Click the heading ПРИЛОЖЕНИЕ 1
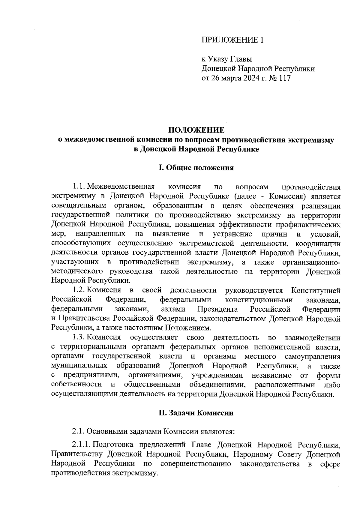click(x=232, y=40)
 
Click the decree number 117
click(x=285, y=79)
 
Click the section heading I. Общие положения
click(x=196, y=168)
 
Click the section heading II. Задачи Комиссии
click(x=196, y=413)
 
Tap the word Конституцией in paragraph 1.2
click(x=316, y=290)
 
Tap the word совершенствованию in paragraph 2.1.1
click(x=195, y=464)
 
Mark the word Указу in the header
click(x=219, y=59)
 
